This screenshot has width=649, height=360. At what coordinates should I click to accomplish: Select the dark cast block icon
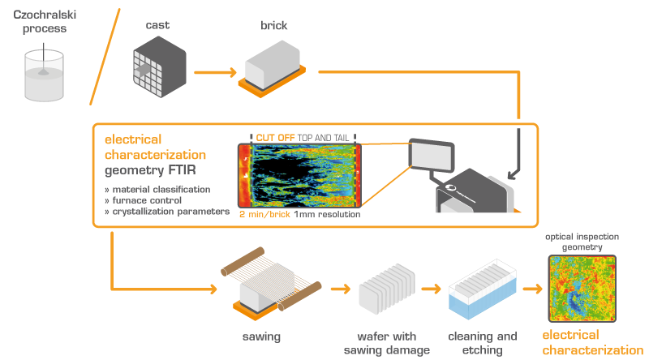click(x=158, y=68)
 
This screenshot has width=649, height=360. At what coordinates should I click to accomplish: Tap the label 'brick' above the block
click(x=273, y=26)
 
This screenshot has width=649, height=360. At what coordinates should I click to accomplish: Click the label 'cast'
click(x=157, y=25)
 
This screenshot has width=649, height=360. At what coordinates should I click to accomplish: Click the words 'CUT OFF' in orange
click(x=275, y=138)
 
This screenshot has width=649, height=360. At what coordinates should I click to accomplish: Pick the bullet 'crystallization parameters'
click(x=168, y=212)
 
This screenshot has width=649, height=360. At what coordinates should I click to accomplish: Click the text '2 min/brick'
click(x=264, y=216)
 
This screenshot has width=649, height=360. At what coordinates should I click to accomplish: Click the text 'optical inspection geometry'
click(x=582, y=243)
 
